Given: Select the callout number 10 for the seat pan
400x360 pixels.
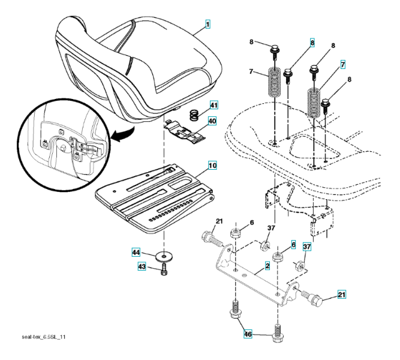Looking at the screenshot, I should point(212,164).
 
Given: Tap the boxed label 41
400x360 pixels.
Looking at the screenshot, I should point(213,106).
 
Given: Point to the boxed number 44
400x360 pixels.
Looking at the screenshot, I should point(136,253).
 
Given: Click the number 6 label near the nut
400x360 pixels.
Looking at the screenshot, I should point(251,223).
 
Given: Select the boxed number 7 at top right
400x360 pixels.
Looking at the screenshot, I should point(342,64).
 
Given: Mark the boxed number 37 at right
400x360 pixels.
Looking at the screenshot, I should point(306,247).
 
